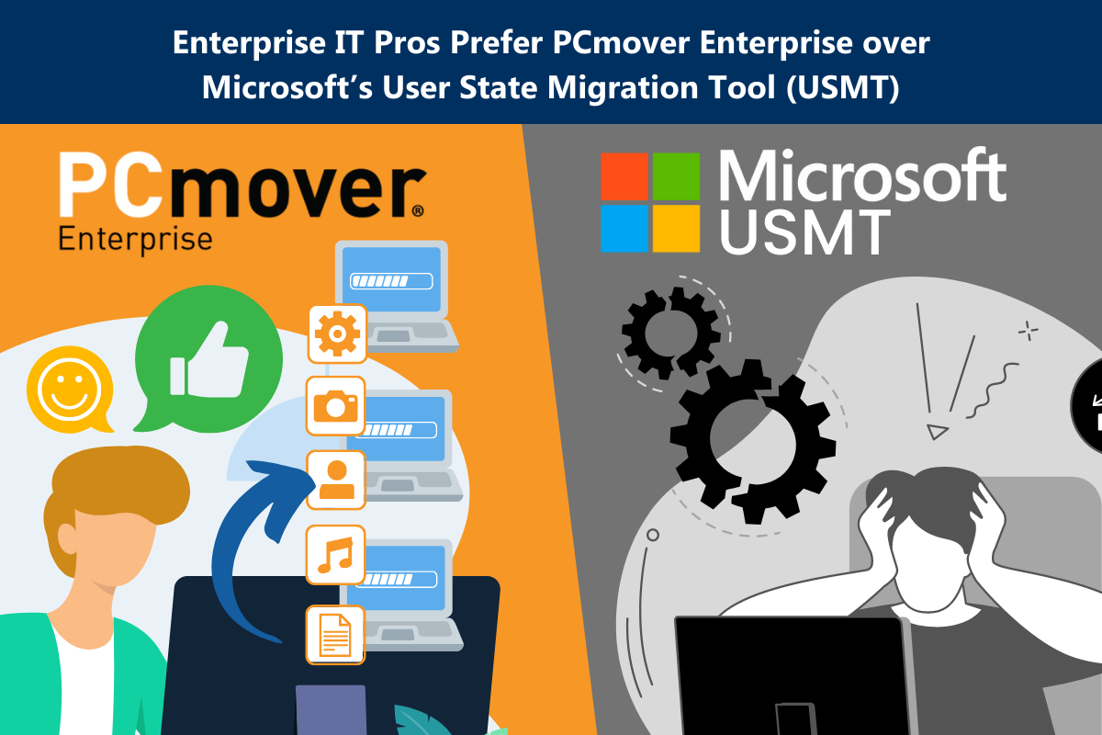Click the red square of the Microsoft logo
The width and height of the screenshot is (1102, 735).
point(624,176)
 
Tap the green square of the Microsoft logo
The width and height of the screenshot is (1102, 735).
point(676,176)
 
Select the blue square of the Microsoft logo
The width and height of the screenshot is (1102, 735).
point(624,229)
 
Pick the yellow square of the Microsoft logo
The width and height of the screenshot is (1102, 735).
point(676,229)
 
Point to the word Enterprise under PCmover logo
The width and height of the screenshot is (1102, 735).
point(135,240)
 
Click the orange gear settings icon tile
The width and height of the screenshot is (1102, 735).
point(337,334)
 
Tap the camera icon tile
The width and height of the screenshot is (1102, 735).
point(335,406)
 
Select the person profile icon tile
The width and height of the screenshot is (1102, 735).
point(336,480)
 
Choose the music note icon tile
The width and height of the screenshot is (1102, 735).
point(335,554)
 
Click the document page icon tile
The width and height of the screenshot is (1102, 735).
point(335,635)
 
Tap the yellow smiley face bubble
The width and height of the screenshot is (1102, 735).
point(70,390)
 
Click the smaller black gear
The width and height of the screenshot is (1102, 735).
point(670,333)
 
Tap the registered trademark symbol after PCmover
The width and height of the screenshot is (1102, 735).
point(417,210)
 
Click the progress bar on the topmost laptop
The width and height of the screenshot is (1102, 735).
point(391,281)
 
